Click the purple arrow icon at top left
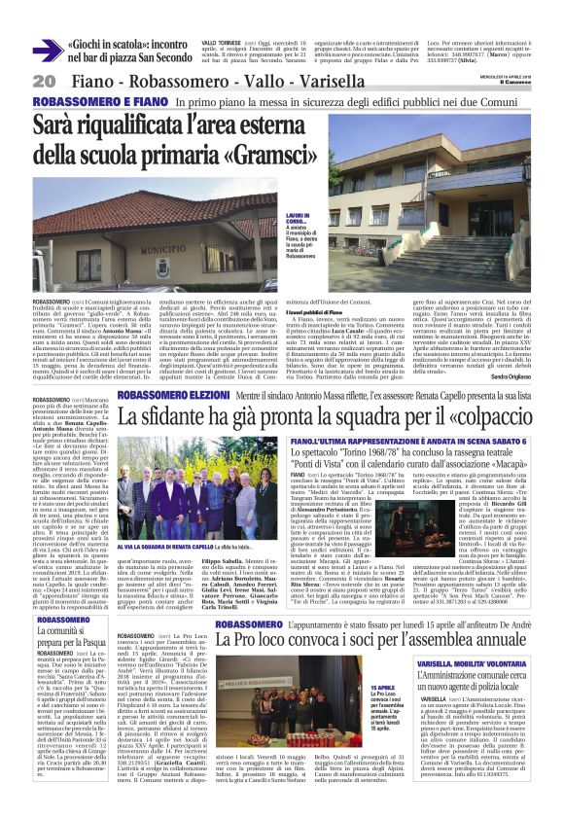pos(47,52)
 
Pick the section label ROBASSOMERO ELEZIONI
pos(175,397)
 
